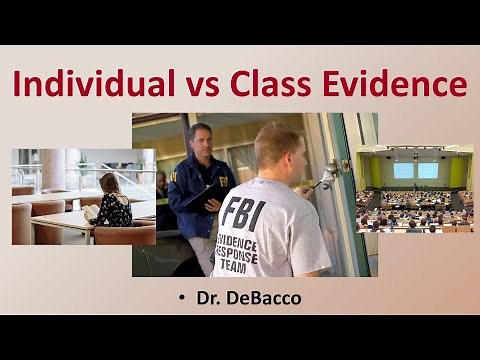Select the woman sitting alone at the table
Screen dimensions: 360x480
click(x=111, y=201)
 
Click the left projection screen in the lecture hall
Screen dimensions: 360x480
click(x=404, y=170)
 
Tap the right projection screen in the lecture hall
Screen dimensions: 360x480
click(x=428, y=170)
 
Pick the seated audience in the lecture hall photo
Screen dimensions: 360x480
click(x=414, y=210)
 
